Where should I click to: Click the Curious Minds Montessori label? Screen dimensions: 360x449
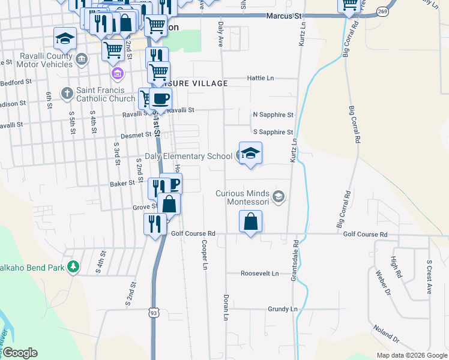click(245, 197)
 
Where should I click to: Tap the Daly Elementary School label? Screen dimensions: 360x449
click(185, 157)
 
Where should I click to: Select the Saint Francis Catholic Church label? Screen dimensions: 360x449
click(105, 95)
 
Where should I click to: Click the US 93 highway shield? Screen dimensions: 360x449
click(154, 313)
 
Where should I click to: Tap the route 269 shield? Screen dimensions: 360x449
click(382, 11)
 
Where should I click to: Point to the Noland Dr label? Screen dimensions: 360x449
click(386, 333)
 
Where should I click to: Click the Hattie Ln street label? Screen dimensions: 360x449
click(261, 78)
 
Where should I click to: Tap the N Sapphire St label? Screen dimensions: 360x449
click(273, 115)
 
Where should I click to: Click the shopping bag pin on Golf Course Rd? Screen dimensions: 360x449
click(251, 222)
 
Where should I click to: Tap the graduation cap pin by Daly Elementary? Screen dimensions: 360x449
click(251, 153)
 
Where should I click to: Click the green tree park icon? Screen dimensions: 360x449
click(73, 266)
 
